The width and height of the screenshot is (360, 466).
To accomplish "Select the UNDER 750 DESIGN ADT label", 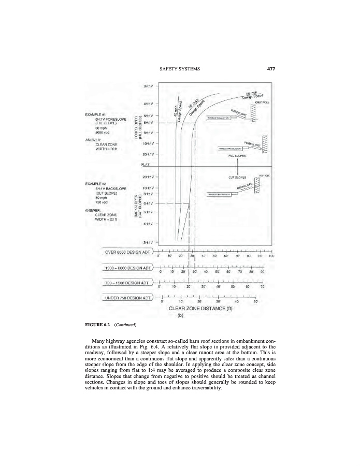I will click(127, 298).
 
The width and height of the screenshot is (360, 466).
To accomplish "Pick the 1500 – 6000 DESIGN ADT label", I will click(127, 268).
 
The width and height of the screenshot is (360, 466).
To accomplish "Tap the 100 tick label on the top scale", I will click(271, 256).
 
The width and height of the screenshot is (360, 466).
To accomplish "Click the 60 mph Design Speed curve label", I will click(254, 94).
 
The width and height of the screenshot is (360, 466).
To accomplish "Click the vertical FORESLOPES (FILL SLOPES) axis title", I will click(138, 127).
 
